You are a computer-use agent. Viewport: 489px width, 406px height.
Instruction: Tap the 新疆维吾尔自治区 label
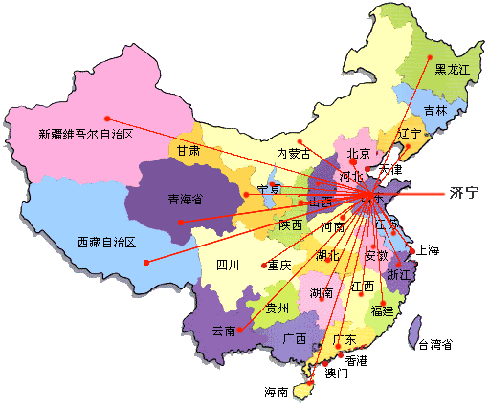click(x=85, y=134)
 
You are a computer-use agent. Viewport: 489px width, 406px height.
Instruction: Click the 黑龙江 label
click(x=454, y=69)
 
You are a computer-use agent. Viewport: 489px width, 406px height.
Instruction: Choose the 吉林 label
click(x=435, y=111)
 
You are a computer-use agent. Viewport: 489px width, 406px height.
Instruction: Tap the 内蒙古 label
click(x=293, y=154)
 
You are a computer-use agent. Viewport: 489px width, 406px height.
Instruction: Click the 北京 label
click(x=358, y=153)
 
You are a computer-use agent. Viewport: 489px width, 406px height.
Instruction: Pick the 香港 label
click(x=356, y=360)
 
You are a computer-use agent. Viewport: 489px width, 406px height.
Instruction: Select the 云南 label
click(x=223, y=330)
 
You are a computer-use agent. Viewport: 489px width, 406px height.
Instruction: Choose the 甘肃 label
click(x=188, y=150)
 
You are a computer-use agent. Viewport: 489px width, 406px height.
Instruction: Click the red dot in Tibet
click(x=146, y=262)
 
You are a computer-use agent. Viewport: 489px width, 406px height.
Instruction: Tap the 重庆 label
click(x=278, y=265)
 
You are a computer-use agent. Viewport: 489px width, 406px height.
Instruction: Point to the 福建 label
click(x=383, y=310)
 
